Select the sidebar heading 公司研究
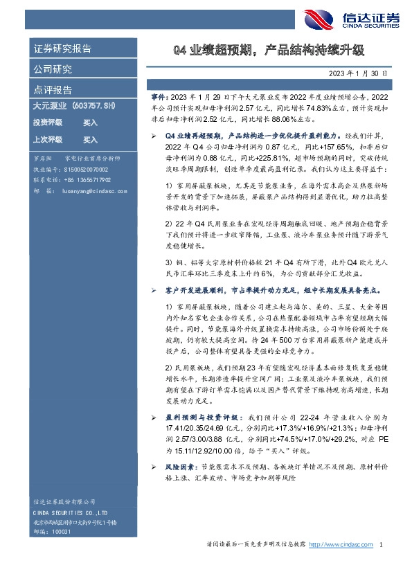coord(53,69)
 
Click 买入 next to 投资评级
coord(90,123)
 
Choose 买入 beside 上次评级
coord(90,138)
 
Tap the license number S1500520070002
coord(85,169)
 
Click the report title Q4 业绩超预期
coord(267,50)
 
